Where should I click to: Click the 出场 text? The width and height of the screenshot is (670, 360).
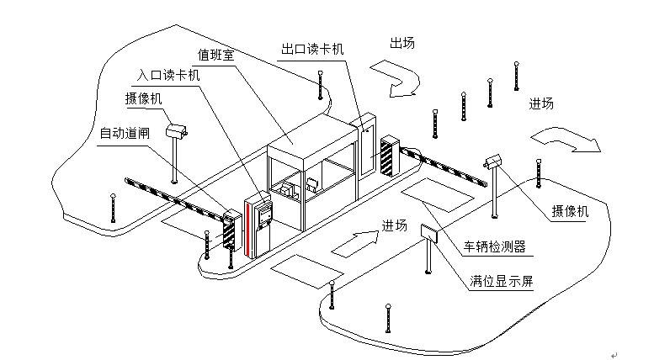(x=401, y=43)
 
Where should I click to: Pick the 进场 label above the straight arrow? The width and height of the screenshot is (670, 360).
(x=394, y=225)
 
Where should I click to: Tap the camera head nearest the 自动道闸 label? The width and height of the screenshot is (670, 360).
(x=177, y=130)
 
